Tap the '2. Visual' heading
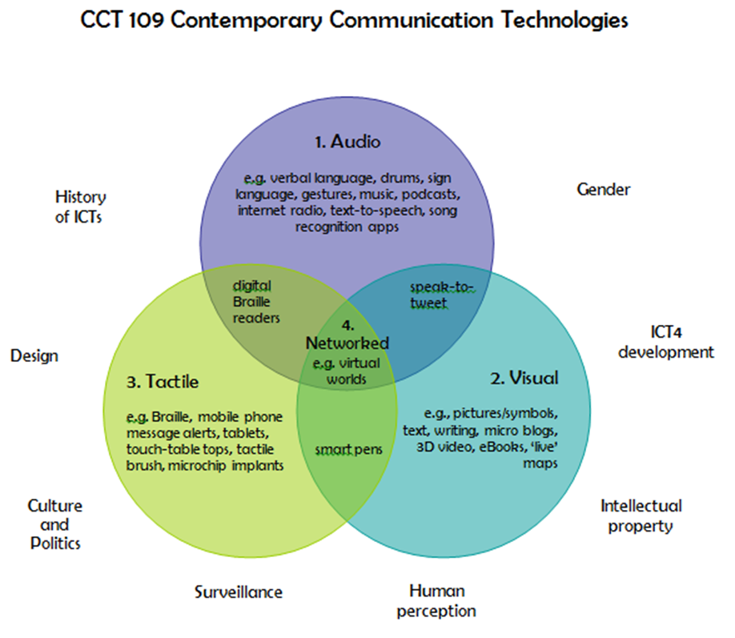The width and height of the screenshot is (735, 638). pyautogui.click(x=524, y=378)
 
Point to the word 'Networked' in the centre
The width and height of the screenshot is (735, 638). pyautogui.click(x=347, y=343)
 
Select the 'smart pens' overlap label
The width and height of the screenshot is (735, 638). pyautogui.click(x=347, y=448)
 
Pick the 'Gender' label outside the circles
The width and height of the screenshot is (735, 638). pyautogui.click(x=603, y=189)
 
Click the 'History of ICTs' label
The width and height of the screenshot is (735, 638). pyautogui.click(x=80, y=206)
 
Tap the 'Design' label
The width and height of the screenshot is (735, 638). pyautogui.click(x=34, y=355)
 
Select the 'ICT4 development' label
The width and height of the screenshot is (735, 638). pyautogui.click(x=669, y=342)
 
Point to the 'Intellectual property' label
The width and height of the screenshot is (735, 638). pyautogui.click(x=641, y=516)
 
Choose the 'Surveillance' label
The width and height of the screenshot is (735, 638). pyautogui.click(x=239, y=592)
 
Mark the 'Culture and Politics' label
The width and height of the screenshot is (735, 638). pyautogui.click(x=55, y=524)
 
